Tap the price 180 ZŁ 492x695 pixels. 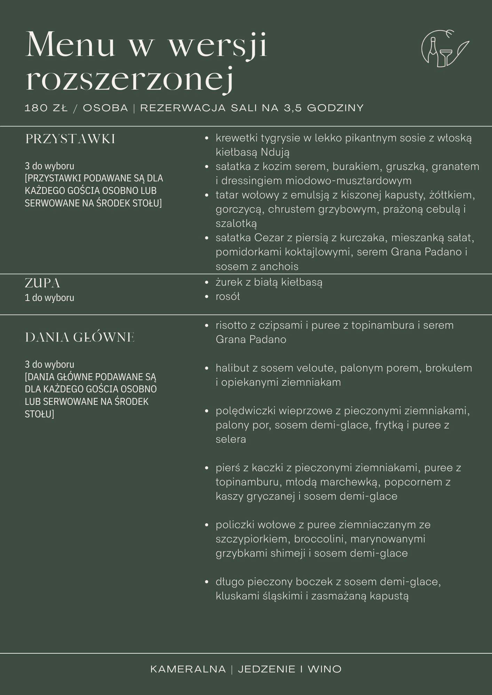46,108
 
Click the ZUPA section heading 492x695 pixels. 42,284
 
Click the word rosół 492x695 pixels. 228,296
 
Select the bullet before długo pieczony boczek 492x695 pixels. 207,582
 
